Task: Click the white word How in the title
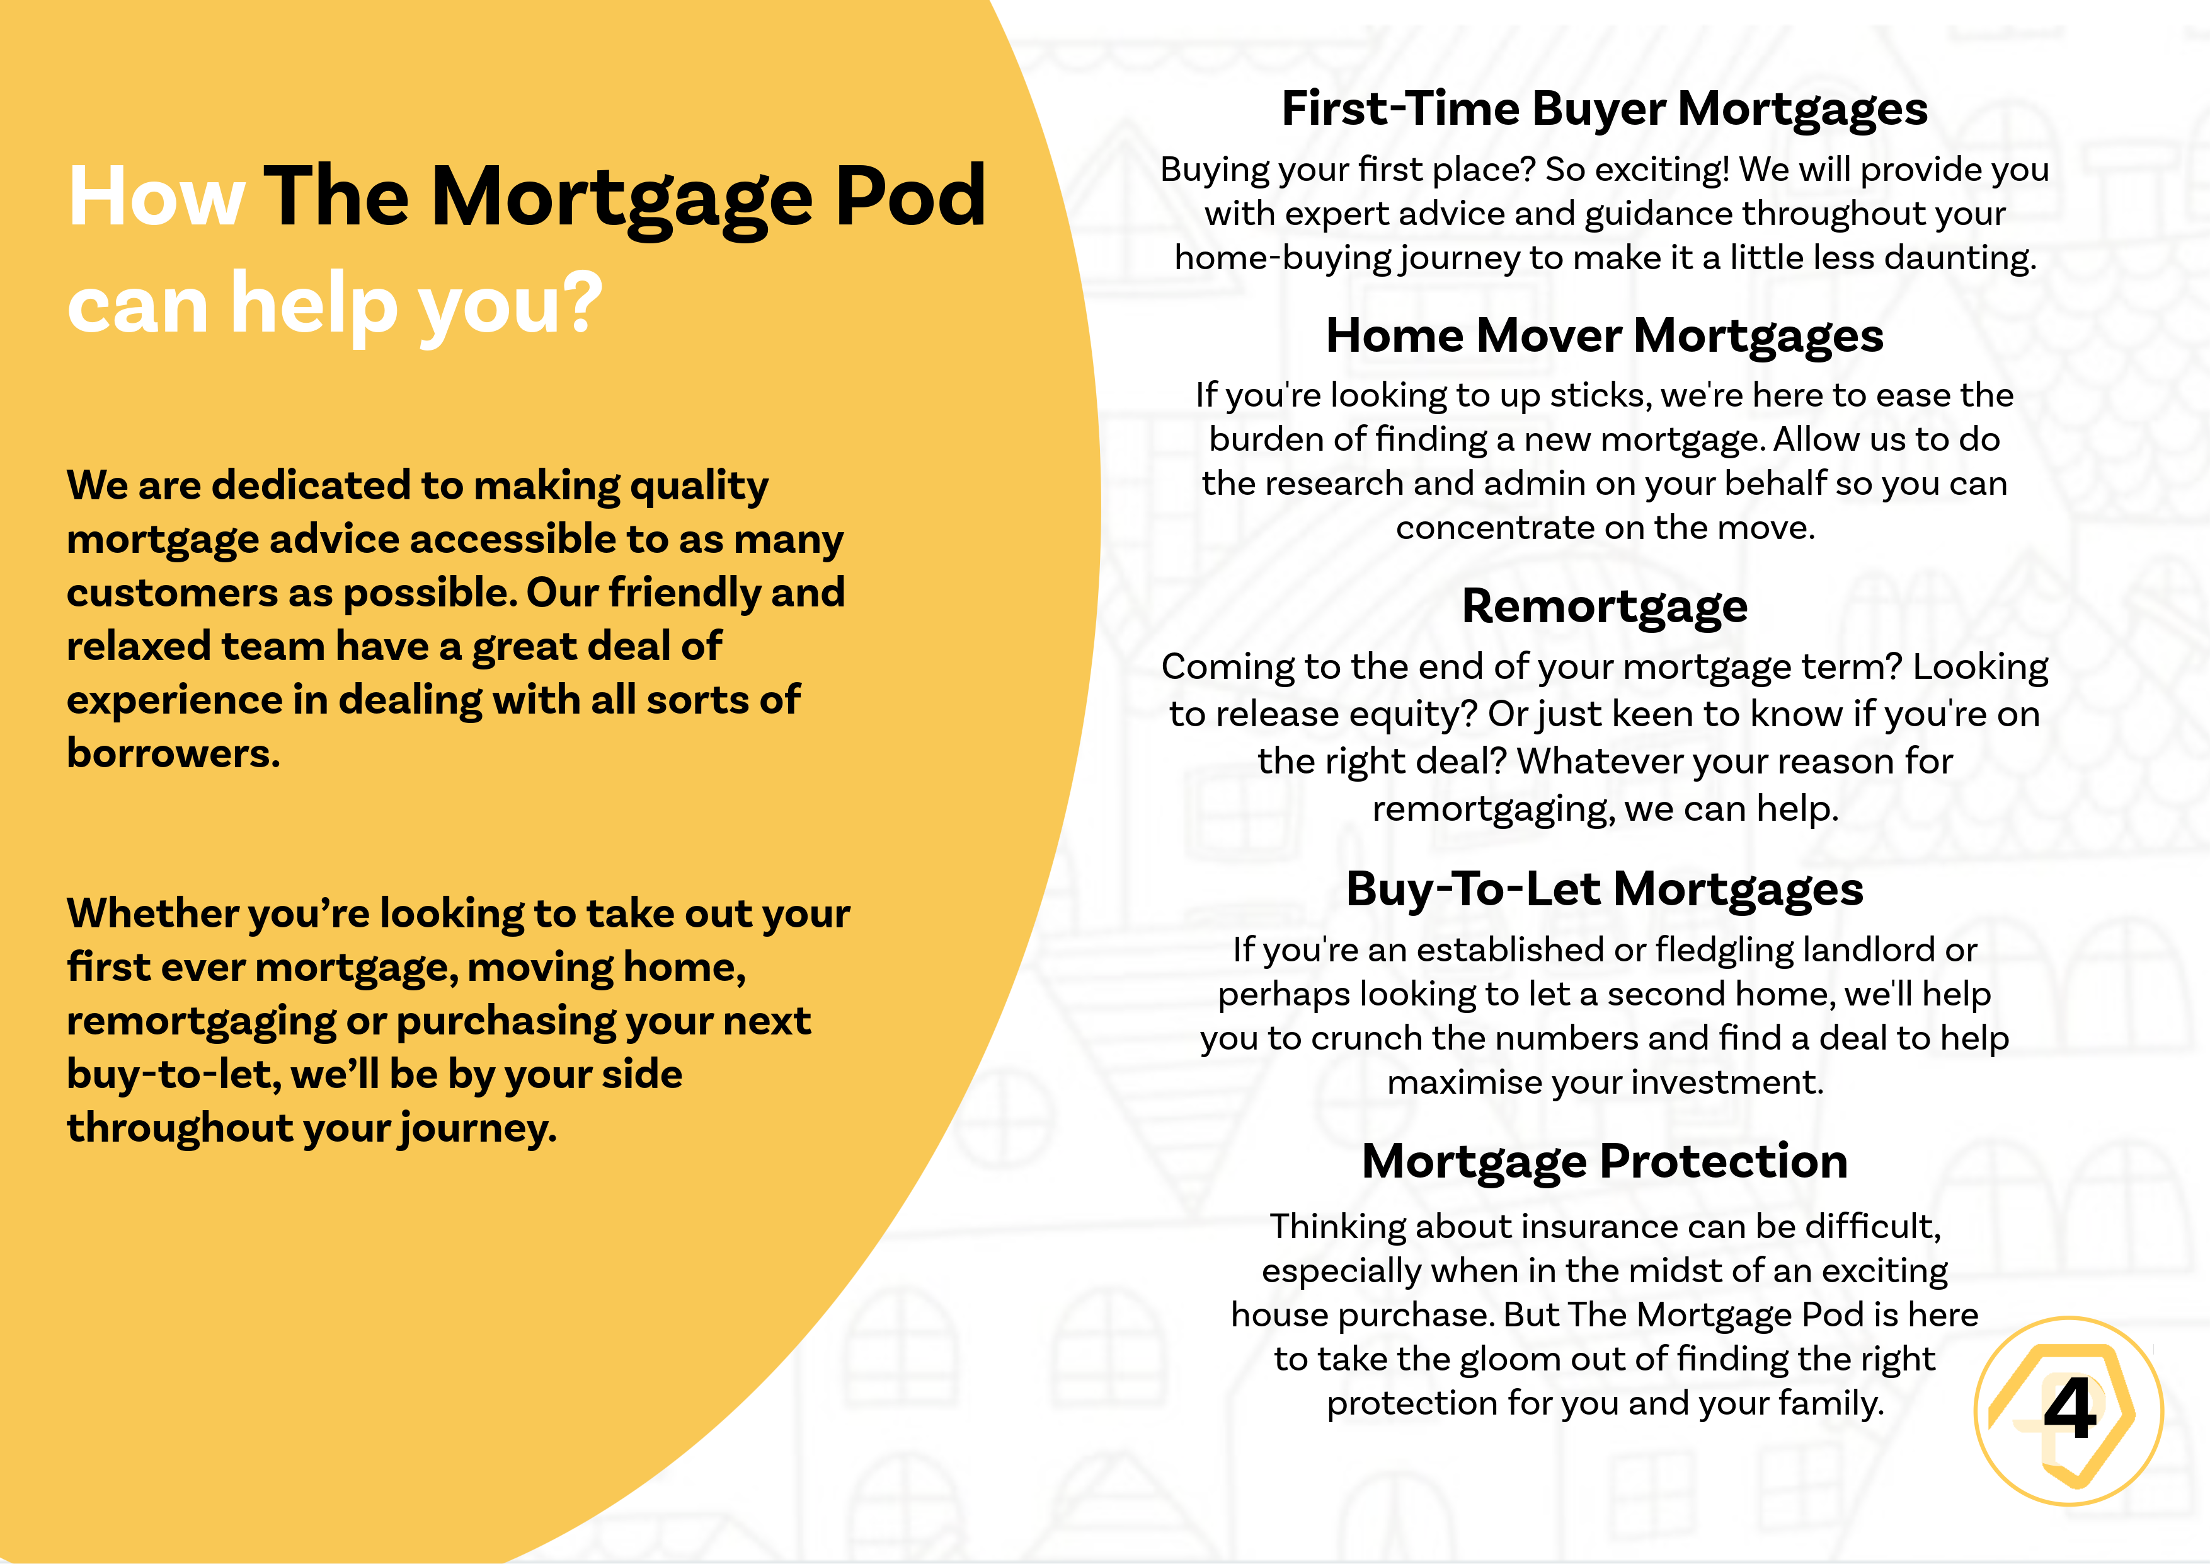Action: pos(157,197)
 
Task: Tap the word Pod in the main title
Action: pos(910,197)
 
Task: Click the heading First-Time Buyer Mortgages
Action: pos(1605,109)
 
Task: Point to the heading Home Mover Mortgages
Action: pos(1605,336)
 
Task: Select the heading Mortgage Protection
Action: pos(1605,1161)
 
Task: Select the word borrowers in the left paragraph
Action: pos(173,754)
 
